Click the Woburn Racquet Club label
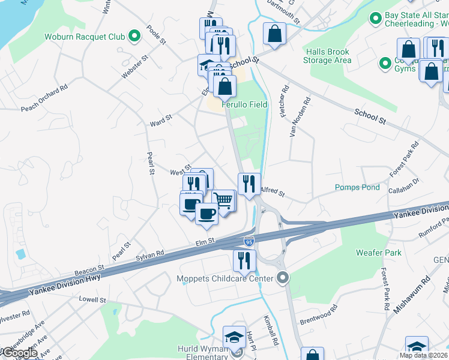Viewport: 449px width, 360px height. [84, 37]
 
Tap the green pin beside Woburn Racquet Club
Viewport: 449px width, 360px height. [134, 37]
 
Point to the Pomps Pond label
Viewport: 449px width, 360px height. [357, 187]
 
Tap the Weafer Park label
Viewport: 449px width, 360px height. [378, 253]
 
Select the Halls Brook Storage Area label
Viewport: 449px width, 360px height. [327, 56]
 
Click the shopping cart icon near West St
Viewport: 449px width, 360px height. [223, 200]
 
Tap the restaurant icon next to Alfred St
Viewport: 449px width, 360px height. [249, 183]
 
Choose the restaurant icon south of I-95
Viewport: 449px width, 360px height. [244, 260]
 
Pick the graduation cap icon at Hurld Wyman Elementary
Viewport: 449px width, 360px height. [234, 337]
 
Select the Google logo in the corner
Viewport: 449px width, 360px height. [19, 353]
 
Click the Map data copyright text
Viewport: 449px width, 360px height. [423, 355]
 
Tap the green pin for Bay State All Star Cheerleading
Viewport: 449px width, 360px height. [376, 19]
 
